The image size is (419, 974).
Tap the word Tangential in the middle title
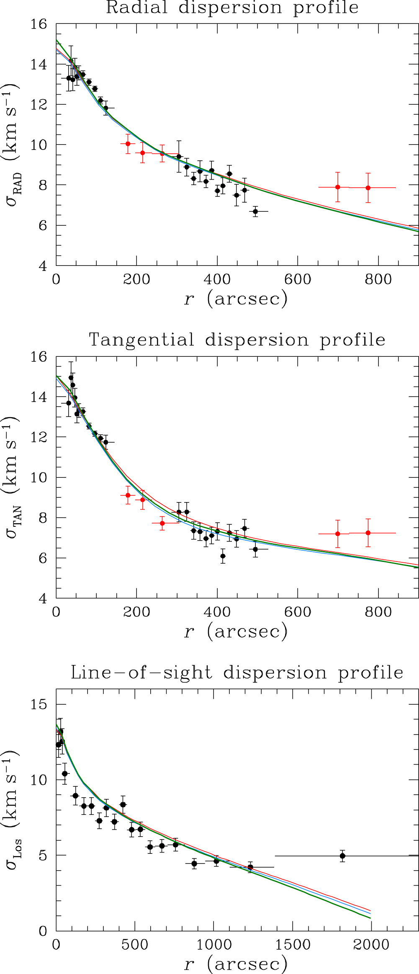pyautogui.click(x=142, y=340)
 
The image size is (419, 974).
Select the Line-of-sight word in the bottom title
pyautogui.click(x=142, y=673)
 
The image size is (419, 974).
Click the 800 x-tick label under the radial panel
pyautogui.click(x=378, y=279)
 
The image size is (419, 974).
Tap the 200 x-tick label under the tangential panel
pyautogui.click(x=136, y=612)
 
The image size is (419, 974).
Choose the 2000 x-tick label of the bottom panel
pyautogui.click(x=371, y=945)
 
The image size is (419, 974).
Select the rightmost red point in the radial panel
pyautogui.click(x=368, y=188)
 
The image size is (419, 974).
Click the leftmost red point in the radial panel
pyautogui.click(x=128, y=144)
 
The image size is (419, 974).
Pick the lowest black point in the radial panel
pyautogui.click(x=255, y=211)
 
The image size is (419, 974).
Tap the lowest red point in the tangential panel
pyautogui.click(x=162, y=523)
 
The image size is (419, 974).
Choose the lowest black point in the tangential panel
pyautogui.click(x=223, y=556)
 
